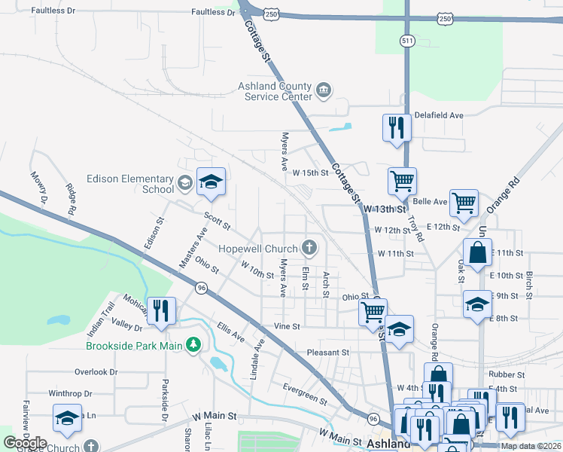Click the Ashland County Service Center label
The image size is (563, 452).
pos(275,92)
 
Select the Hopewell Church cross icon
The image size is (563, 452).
pos(309,246)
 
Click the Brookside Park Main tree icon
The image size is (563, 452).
pos(194,346)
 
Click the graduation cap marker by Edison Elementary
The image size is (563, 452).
pos(211,181)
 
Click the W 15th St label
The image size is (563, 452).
pos(312,173)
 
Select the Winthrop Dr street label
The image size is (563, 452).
pos(70,393)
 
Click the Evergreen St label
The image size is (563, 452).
pos(306,394)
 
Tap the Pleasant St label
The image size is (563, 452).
pos(328,352)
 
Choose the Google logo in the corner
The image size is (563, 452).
pos(26,443)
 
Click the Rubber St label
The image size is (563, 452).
pos(506,374)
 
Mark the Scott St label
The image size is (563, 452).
pos(218,221)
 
